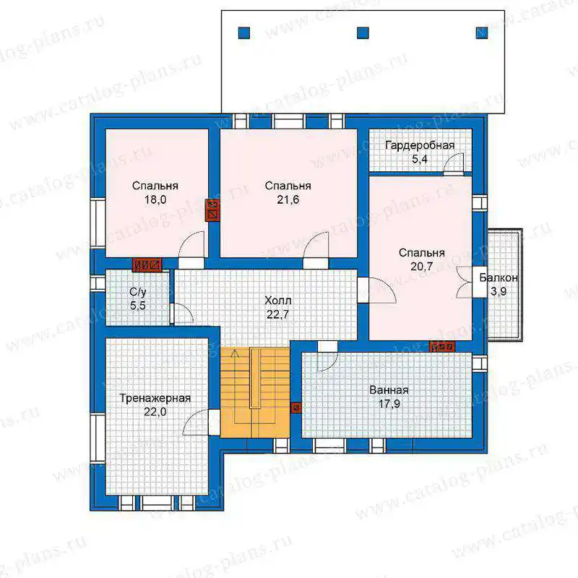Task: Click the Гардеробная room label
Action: (x=420, y=146)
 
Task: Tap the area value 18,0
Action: (x=155, y=200)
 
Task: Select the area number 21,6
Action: (x=288, y=200)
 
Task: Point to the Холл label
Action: (x=278, y=301)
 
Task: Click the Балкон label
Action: (x=499, y=277)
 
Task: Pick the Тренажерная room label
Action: (x=155, y=399)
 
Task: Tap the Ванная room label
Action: (x=389, y=390)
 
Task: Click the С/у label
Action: (x=138, y=293)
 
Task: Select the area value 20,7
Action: (x=422, y=267)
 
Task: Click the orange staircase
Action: (x=255, y=392)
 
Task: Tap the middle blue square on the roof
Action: (x=363, y=33)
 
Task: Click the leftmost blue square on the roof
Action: (x=244, y=33)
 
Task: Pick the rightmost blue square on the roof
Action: (x=481, y=33)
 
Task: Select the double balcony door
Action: (x=464, y=282)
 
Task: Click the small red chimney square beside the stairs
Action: (x=296, y=407)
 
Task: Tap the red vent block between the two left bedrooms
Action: (x=212, y=210)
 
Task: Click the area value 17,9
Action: (x=389, y=404)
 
